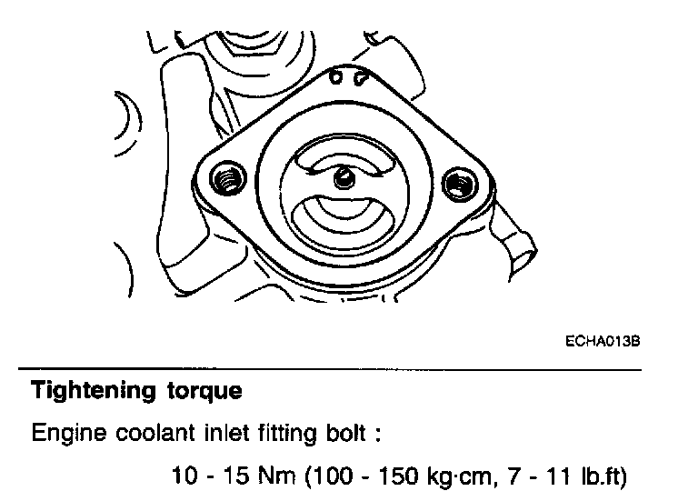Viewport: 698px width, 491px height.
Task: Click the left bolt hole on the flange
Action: pos(226,180)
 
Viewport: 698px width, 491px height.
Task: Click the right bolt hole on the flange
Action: pos(459,185)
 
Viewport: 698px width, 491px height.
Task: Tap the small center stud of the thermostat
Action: pos(343,177)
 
